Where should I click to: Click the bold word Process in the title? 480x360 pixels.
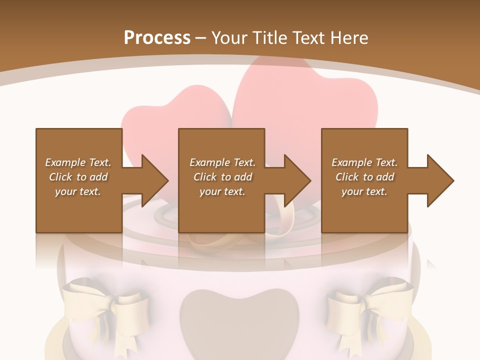click(157, 37)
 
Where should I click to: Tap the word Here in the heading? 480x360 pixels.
click(348, 37)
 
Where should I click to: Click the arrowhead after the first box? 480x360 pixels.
click(152, 180)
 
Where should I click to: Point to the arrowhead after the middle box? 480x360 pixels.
click(295, 180)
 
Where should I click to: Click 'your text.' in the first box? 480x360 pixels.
click(77, 191)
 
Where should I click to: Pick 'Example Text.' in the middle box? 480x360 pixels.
click(222, 162)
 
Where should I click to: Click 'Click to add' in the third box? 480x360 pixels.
click(364, 177)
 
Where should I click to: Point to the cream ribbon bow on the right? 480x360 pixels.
click(370, 305)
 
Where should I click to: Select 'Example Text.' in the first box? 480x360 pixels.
click(78, 162)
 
